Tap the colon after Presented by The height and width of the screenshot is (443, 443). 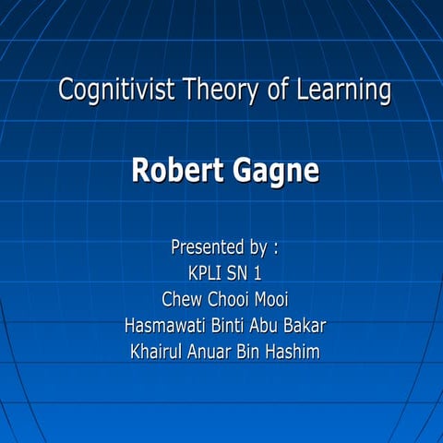pos(275,247)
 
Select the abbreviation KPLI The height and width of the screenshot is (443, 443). pos(205,273)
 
